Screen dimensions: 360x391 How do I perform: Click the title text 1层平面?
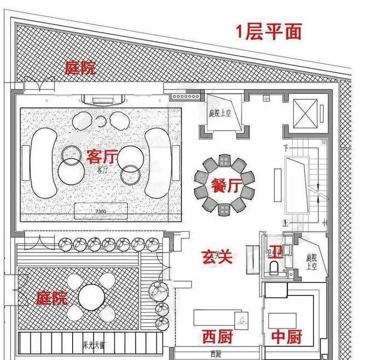268,31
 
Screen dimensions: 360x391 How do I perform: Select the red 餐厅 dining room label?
223,185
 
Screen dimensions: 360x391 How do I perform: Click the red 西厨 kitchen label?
217,337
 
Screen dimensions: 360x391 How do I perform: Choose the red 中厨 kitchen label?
286,337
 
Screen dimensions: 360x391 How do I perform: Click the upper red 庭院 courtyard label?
80,68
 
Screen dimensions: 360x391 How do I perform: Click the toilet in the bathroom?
274,266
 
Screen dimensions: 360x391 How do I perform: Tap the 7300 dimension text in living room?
101,210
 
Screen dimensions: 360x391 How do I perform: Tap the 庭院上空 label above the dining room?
220,115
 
